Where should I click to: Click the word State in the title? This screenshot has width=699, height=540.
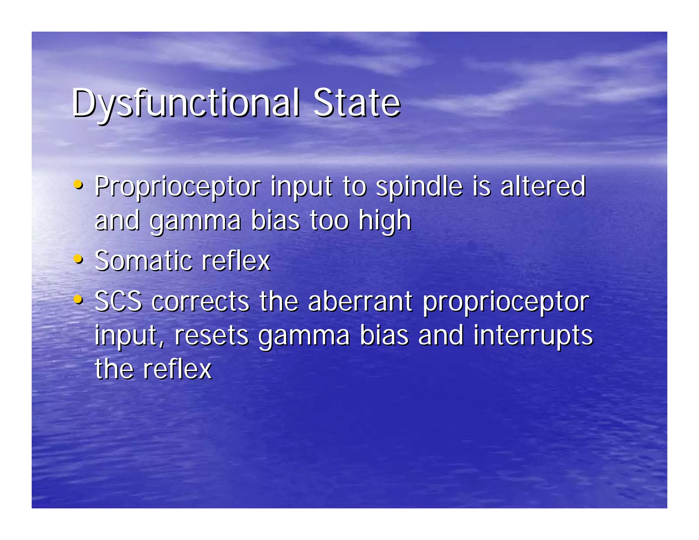point(356,103)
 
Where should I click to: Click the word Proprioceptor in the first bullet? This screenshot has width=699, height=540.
point(177,187)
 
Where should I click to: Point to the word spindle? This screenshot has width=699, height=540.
point(419,187)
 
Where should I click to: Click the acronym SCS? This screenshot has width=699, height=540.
point(118,301)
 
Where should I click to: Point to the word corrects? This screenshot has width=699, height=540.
point(201,302)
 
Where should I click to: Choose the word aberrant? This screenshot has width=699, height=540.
point(360,301)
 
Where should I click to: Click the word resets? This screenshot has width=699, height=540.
point(211,335)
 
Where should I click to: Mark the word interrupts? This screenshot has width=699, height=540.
point(533,336)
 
